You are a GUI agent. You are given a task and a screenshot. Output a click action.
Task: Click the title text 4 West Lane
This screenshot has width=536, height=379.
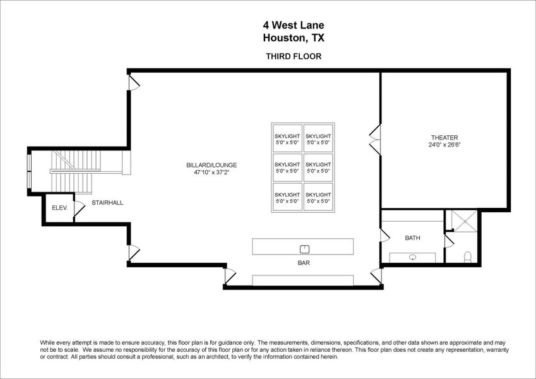click(x=294, y=25)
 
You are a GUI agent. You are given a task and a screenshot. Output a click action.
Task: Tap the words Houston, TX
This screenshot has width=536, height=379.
click(x=294, y=37)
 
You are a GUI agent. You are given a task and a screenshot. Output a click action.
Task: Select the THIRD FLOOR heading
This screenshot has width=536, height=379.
click(x=294, y=56)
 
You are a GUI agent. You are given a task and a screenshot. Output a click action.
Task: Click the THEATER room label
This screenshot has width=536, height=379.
click(x=444, y=138)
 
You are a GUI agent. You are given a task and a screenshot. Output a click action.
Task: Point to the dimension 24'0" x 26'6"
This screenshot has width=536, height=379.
click(x=444, y=145)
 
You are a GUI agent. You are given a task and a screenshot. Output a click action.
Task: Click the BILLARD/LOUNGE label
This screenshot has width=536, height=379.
click(x=211, y=165)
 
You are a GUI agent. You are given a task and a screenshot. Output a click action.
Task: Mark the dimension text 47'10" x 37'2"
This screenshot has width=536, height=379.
click(x=211, y=172)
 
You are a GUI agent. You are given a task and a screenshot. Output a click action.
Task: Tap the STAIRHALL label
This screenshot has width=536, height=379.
click(x=107, y=203)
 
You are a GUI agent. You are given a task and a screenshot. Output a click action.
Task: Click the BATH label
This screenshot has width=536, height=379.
click(x=412, y=238)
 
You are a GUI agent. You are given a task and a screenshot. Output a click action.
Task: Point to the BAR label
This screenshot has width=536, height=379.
click(x=302, y=262)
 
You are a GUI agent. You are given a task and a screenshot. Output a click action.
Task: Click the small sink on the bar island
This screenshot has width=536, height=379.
click(x=303, y=248)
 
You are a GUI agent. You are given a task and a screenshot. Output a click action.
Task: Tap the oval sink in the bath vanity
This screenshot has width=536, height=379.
click(x=412, y=257)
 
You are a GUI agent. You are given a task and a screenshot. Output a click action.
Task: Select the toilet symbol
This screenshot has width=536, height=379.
click(x=468, y=256)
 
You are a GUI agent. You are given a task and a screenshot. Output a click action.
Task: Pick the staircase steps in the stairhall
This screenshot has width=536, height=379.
click(x=73, y=167)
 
